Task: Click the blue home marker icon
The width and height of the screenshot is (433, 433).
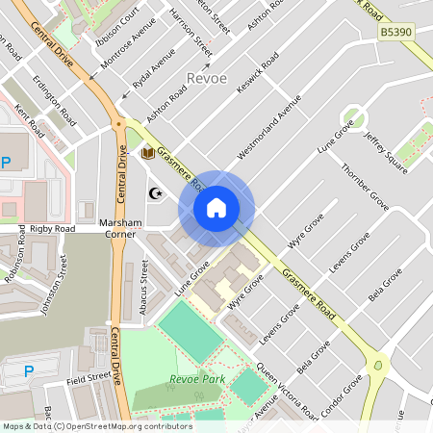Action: tap(216, 208)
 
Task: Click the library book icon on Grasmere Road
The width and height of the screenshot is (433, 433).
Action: tap(148, 153)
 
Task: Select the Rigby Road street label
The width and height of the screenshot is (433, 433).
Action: tap(52, 229)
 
